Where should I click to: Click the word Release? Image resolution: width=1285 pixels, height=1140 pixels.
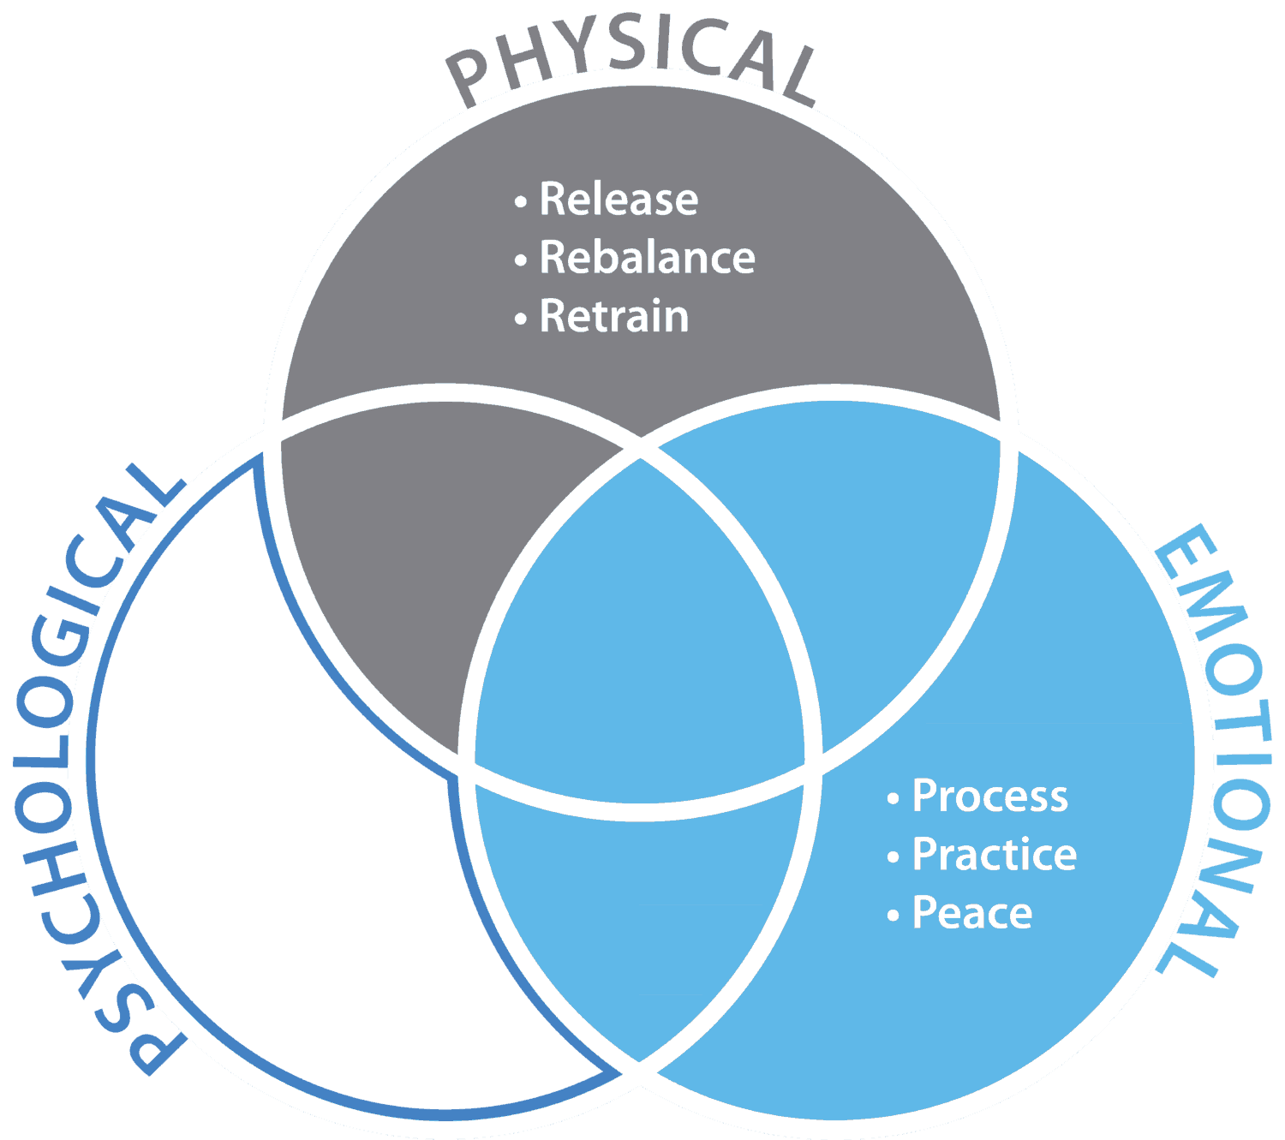[619, 200]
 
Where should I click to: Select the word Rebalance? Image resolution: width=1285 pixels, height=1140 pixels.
[647, 258]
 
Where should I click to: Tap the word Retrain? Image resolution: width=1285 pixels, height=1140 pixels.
[614, 317]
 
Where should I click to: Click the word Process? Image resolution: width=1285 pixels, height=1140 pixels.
[990, 796]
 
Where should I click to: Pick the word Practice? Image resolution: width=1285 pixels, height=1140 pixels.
[995, 855]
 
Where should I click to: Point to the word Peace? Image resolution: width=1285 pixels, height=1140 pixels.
[972, 913]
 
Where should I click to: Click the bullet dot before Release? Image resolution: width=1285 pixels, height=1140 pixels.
[520, 202]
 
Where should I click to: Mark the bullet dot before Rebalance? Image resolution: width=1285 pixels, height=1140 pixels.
[520, 260]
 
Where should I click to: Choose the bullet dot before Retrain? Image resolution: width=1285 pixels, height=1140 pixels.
[520, 319]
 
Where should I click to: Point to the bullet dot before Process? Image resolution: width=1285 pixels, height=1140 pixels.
[893, 799]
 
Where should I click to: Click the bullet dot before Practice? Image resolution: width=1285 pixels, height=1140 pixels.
[893, 857]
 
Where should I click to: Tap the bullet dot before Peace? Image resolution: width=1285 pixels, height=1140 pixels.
[893, 916]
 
